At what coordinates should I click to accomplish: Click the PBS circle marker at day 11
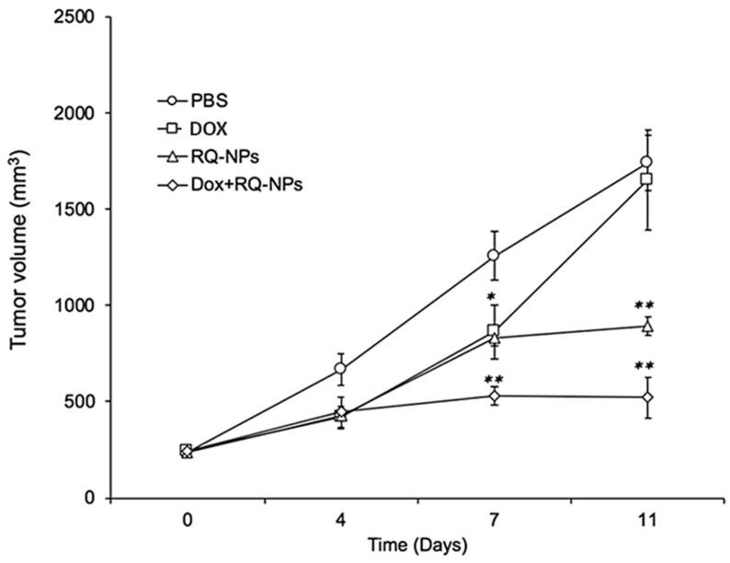click(x=647, y=162)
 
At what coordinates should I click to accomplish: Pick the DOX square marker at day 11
click(x=647, y=179)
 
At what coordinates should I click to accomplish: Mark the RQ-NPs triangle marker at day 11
click(x=647, y=326)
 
